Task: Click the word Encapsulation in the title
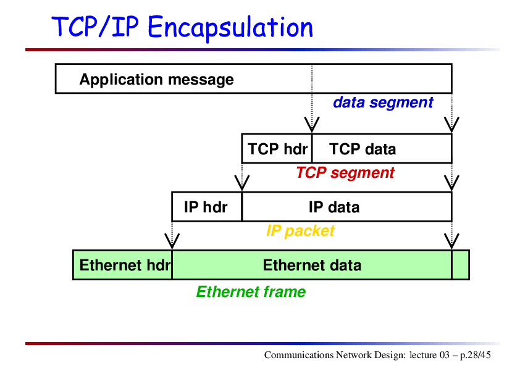230,28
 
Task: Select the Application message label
156,80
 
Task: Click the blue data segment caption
383,102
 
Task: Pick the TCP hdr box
277,149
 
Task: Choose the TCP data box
382,149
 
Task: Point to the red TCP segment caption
345,173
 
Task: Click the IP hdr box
207,207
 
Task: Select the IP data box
347,207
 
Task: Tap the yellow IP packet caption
300,231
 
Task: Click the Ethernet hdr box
122,265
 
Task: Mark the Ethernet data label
312,266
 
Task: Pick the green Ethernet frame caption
251,292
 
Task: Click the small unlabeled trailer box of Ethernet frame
461,265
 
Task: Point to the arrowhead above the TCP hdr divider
312,125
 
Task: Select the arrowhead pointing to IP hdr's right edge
241,183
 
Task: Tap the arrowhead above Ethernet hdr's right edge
172,241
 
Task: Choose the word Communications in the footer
299,355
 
